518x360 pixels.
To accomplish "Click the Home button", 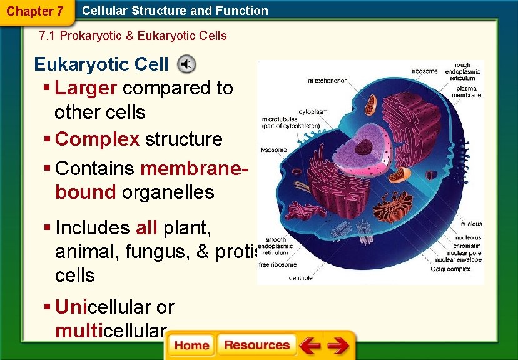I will coord(191,346).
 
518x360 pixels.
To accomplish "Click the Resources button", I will coord(256,346).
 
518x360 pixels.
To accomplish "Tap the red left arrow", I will coord(309,346).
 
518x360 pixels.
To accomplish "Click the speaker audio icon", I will coord(186,64).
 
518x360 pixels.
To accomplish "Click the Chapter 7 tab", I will coord(35,11).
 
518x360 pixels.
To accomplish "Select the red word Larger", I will coord(86,88).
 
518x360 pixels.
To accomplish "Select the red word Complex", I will coord(97,139).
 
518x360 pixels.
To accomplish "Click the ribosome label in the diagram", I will coord(425,71).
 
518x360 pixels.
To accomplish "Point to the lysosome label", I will coord(274,150).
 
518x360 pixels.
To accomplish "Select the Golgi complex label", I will coord(450,269).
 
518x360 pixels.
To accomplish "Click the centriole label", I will coord(300,278).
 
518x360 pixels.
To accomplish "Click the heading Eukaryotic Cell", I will coord(101,64).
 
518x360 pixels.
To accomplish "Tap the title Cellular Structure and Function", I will coord(175,11).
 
